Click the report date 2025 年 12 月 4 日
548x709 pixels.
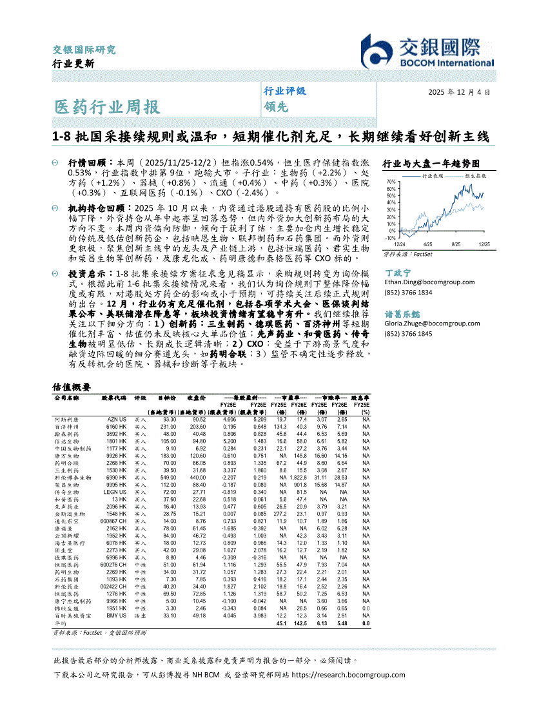458,92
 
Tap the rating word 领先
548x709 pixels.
275,107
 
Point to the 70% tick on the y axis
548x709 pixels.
391,182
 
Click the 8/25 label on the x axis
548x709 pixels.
456,244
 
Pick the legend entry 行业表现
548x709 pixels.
433,175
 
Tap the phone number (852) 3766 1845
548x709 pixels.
408,333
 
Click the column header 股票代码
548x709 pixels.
114,398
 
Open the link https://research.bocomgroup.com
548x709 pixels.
349,675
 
